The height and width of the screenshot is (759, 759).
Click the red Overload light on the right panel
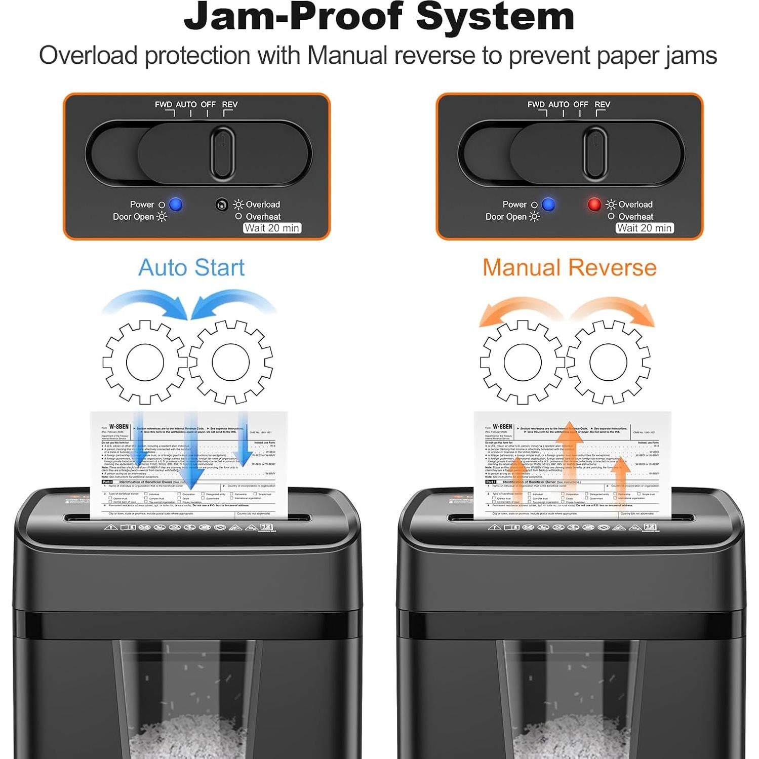(594, 204)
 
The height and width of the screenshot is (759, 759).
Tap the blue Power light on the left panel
(176, 204)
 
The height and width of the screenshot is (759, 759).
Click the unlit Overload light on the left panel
(221, 205)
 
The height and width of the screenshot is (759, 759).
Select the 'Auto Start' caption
(191, 267)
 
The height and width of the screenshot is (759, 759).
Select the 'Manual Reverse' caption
(569, 267)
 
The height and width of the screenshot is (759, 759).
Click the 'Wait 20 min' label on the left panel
(272, 228)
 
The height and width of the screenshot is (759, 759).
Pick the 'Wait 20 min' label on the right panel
(645, 228)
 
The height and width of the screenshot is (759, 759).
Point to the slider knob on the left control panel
(222, 153)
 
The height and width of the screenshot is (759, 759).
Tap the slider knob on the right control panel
(595, 153)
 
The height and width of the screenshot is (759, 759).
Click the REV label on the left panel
(230, 104)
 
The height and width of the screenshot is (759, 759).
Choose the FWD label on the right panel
(536, 104)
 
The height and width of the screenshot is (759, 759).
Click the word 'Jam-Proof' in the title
(293, 16)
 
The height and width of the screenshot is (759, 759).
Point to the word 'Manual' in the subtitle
(347, 55)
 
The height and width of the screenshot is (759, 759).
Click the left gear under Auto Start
(145, 362)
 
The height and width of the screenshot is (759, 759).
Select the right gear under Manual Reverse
(608, 362)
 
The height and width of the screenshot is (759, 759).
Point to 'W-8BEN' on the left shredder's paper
(119, 427)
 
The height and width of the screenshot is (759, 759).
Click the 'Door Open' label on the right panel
(506, 217)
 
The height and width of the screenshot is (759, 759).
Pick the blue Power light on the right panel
(548, 204)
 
